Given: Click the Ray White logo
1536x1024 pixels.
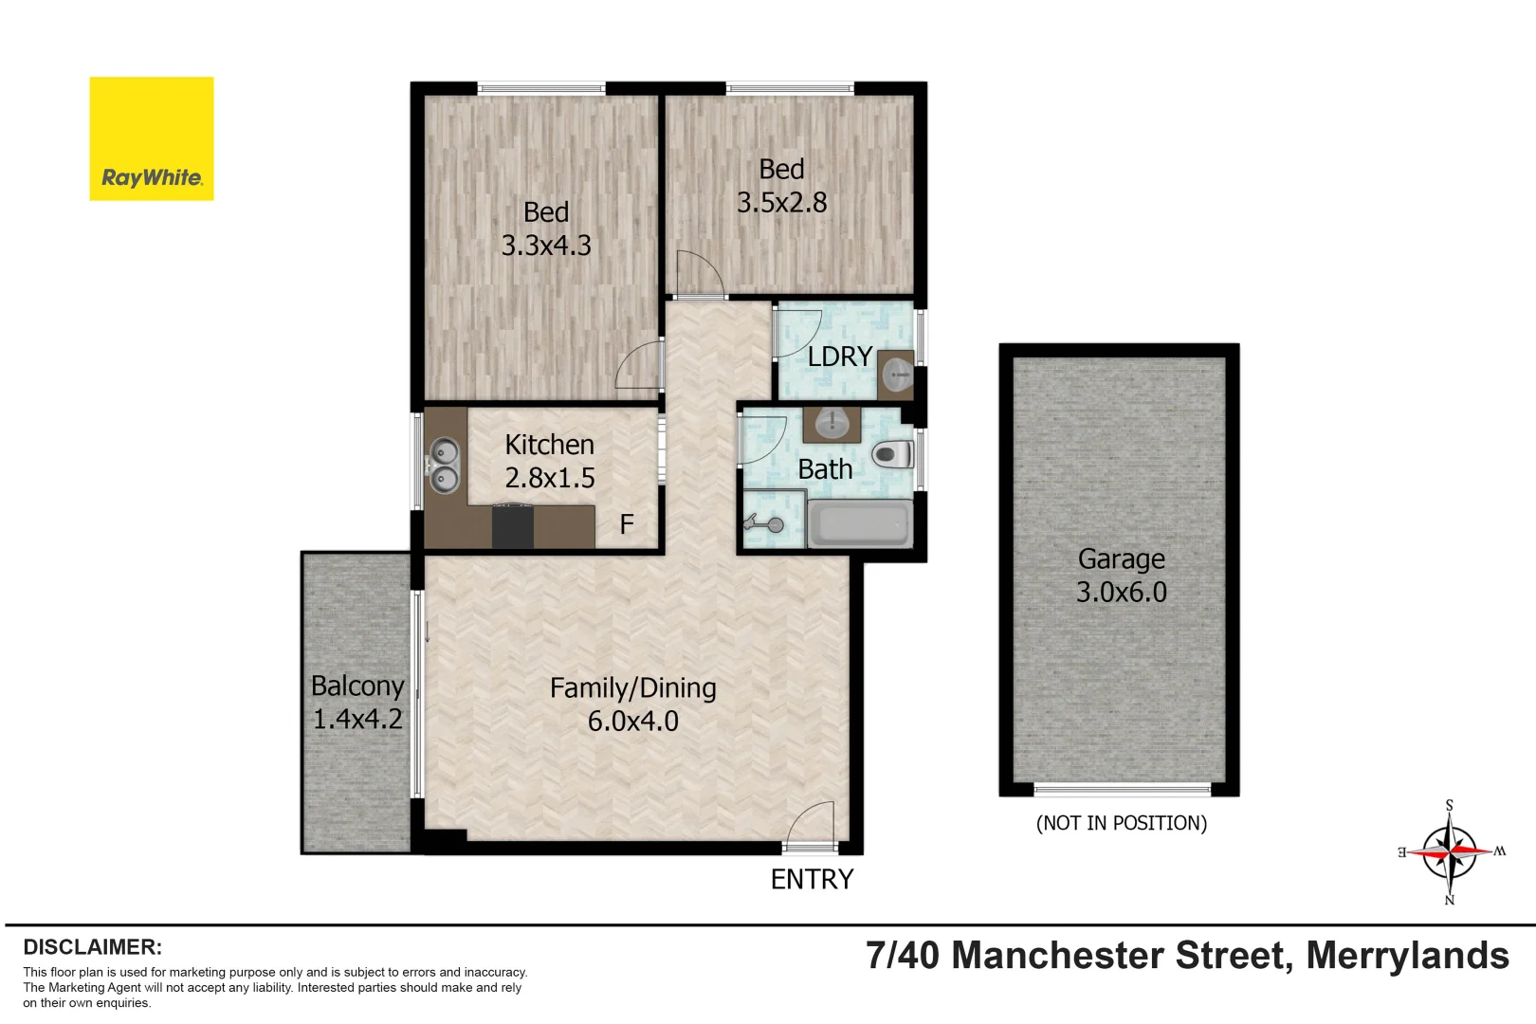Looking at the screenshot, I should pyautogui.click(x=151, y=138).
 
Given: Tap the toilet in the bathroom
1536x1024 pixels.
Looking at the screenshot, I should pyautogui.click(x=890, y=454).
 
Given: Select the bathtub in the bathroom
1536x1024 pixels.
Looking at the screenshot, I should pyautogui.click(x=860, y=524).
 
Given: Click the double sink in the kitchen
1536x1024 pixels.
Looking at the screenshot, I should pyautogui.click(x=444, y=466).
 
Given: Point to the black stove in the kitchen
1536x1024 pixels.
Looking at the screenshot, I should pyautogui.click(x=512, y=527).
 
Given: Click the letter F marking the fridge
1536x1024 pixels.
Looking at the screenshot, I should pyautogui.click(x=626, y=524).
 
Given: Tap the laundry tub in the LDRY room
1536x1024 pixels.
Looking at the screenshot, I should pyautogui.click(x=896, y=375).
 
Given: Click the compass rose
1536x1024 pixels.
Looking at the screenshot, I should pyautogui.click(x=1449, y=851).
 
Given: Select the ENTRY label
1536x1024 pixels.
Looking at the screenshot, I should pyautogui.click(x=812, y=880).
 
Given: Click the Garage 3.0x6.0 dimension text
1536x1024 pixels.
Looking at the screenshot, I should pyautogui.click(x=1121, y=593).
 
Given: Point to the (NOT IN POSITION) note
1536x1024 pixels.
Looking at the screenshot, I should pyautogui.click(x=1121, y=823).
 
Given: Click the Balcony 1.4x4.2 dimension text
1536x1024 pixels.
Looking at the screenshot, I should pyautogui.click(x=357, y=719).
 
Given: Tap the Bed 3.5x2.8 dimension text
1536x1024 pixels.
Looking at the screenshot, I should pyautogui.click(x=781, y=203).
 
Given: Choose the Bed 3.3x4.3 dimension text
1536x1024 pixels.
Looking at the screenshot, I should pyautogui.click(x=546, y=246).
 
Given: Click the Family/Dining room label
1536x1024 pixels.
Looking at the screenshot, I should pyautogui.click(x=632, y=688).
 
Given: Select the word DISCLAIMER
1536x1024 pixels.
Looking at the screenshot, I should pyautogui.click(x=92, y=946).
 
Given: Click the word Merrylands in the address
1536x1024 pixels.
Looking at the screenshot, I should pyautogui.click(x=1407, y=956).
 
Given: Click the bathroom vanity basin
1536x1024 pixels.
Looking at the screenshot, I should pyautogui.click(x=832, y=423).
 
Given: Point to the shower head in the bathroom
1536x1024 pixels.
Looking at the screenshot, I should pyautogui.click(x=764, y=522).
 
